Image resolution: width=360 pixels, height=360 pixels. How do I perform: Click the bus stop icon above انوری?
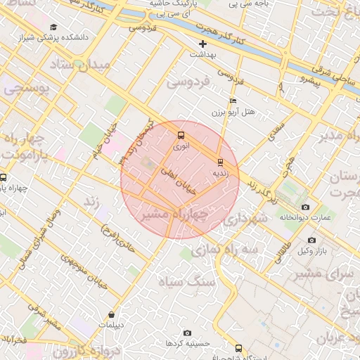181,135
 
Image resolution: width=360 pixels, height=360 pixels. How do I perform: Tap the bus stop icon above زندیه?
220,161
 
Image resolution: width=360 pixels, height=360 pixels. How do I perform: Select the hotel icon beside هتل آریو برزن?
233,101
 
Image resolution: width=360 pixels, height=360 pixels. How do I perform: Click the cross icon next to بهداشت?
203,44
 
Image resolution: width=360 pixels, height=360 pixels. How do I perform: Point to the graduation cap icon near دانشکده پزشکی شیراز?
53,26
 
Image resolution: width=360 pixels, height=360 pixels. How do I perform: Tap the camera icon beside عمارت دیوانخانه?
305,207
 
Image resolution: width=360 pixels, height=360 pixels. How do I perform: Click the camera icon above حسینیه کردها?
187,333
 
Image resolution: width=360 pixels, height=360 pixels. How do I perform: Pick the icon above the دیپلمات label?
112,315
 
